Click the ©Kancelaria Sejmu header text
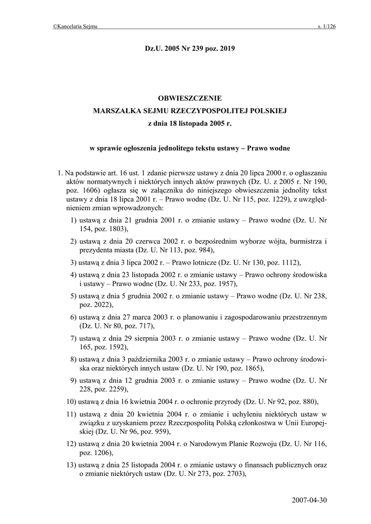[75, 26]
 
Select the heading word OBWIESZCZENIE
[190, 97]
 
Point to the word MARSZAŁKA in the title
[115, 110]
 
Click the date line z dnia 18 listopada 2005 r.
[190, 123]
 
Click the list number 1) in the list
[74, 220]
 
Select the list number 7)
[74, 338]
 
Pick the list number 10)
[72, 401]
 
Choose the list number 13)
[72, 465]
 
